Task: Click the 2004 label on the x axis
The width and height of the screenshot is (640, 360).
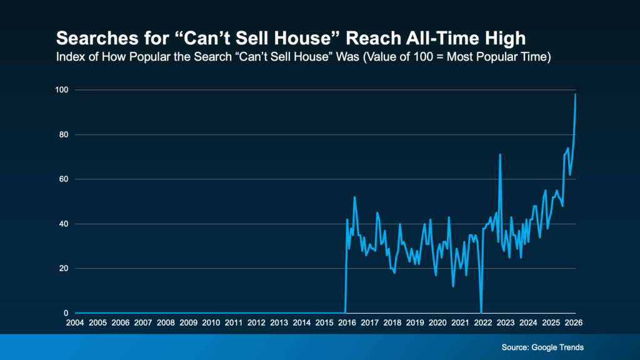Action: point(75,322)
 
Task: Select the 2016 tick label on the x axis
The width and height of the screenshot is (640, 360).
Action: point(347,322)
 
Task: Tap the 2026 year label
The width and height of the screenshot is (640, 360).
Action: point(574,322)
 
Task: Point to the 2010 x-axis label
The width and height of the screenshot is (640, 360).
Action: point(211,322)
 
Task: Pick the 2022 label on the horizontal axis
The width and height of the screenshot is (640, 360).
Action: point(483,322)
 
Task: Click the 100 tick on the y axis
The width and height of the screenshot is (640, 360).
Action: point(61,90)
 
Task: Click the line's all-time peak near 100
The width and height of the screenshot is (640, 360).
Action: point(575,94)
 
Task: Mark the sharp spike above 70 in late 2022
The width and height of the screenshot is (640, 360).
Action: point(500,154)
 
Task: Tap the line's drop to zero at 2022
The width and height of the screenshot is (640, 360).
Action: point(481,312)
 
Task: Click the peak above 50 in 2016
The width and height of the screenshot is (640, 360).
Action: point(354,197)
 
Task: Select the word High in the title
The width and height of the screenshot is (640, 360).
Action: point(504,39)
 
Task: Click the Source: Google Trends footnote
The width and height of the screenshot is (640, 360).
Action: point(542,347)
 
